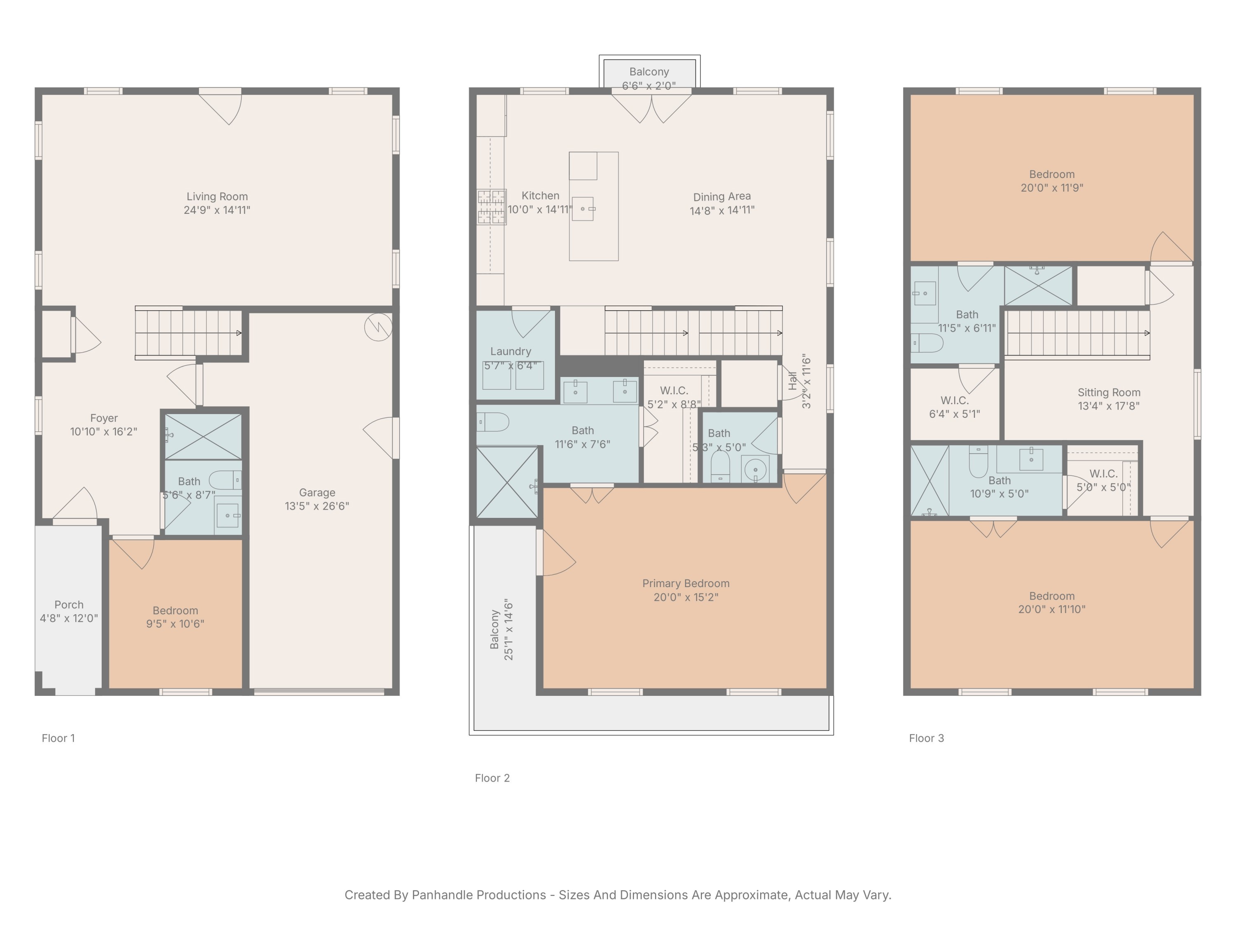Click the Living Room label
pyautogui.click(x=217, y=197)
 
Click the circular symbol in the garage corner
pyautogui.click(x=378, y=328)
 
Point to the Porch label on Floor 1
pyautogui.click(x=69, y=604)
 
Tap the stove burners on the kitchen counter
pyautogui.click(x=491, y=207)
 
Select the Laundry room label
pyautogui.click(x=510, y=351)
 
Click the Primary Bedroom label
pyautogui.click(x=686, y=583)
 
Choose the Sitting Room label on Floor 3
pyautogui.click(x=1109, y=392)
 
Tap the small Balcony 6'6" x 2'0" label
pyautogui.click(x=649, y=72)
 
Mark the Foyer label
pyautogui.click(x=104, y=418)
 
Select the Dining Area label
pyautogui.click(x=722, y=197)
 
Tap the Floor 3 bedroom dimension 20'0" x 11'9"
pyautogui.click(x=1051, y=188)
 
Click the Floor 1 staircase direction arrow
pyautogui.click(x=239, y=333)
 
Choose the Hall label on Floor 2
pyautogui.click(x=792, y=381)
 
